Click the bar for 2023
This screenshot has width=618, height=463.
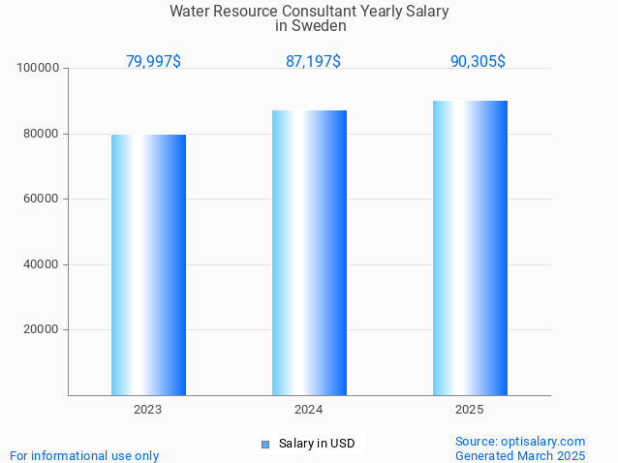click(x=148, y=264)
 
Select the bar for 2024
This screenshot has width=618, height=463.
click(x=309, y=253)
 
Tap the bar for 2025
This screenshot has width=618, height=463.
click(x=470, y=248)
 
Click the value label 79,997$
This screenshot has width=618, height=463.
click(x=153, y=61)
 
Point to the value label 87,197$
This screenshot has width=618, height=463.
click(x=313, y=61)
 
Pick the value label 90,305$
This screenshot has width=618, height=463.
click(x=478, y=61)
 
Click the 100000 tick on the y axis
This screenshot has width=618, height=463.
click(x=39, y=69)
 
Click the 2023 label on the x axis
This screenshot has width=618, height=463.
click(x=148, y=411)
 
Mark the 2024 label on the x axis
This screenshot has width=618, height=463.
click(x=309, y=411)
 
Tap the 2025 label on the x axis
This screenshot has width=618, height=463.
click(x=470, y=411)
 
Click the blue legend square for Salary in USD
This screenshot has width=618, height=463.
click(x=264, y=445)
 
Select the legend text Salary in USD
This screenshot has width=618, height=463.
click(x=317, y=445)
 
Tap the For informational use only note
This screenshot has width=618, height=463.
click(x=84, y=455)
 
